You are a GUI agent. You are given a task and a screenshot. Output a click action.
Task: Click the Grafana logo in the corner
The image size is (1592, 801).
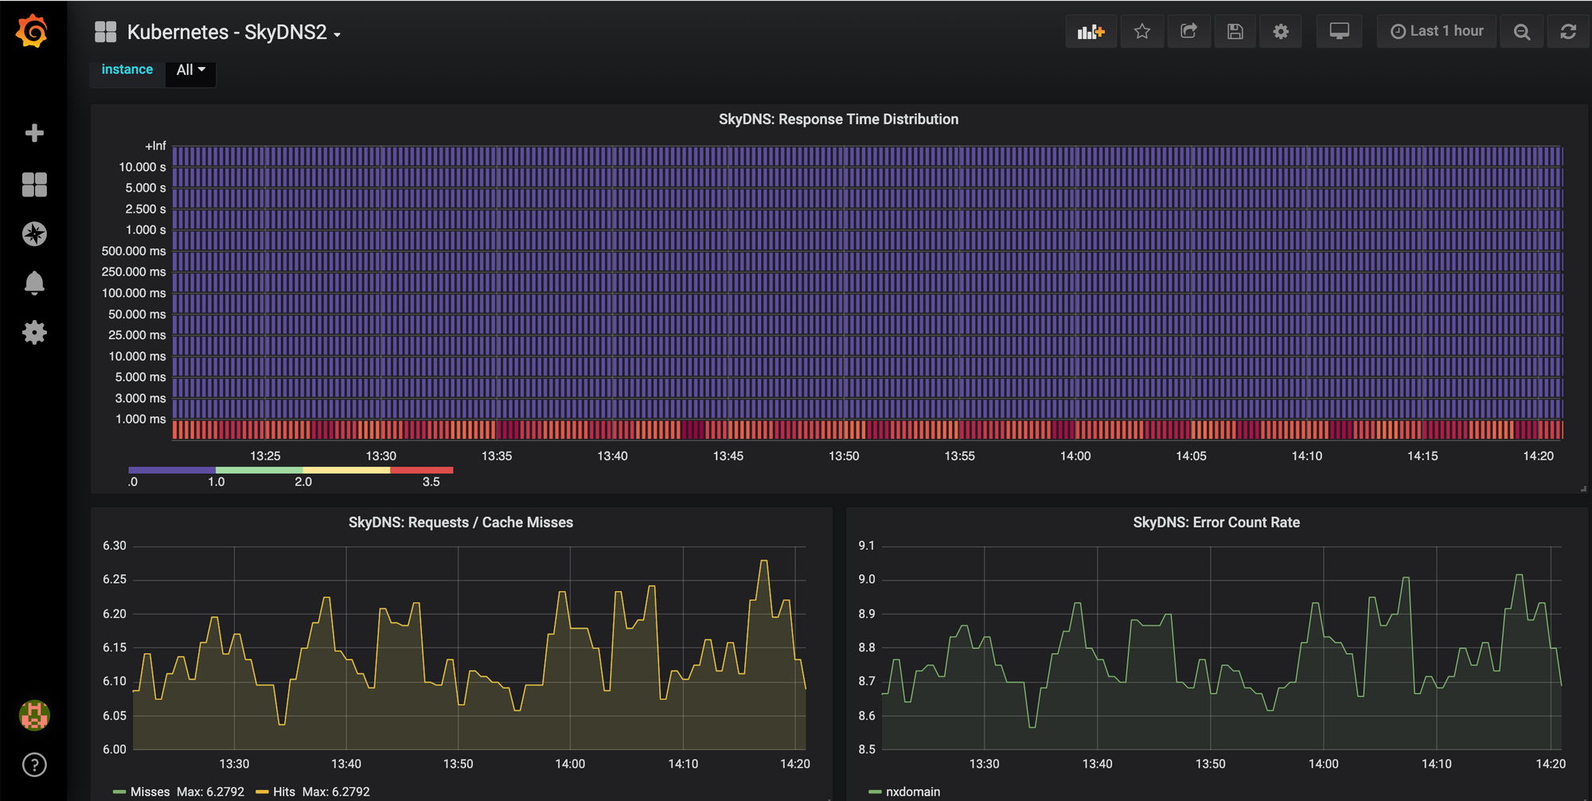pos(33,31)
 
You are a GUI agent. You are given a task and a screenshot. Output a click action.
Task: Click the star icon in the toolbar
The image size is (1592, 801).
pos(1142,32)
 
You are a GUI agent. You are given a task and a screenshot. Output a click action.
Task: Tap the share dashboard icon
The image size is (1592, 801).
pos(1188,32)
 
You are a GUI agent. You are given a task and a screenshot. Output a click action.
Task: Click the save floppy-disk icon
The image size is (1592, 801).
pos(1235,32)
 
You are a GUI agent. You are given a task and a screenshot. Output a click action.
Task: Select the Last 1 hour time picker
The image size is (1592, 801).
pos(1437,32)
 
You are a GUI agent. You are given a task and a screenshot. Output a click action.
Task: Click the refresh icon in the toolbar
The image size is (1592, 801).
pos(1567,32)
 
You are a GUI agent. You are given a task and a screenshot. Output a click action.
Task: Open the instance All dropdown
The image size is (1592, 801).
pos(190,70)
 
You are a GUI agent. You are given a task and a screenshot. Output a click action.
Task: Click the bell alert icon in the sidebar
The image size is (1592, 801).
pos(34,283)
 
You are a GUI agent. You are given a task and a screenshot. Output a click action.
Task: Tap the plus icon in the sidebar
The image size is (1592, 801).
pos(34,133)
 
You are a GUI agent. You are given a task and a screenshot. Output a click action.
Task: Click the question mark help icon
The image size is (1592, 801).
pos(34,765)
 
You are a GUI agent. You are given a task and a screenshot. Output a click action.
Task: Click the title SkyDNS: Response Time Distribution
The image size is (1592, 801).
pos(838,119)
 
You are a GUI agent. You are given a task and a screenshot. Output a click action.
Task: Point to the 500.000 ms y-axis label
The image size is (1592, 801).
pos(134,251)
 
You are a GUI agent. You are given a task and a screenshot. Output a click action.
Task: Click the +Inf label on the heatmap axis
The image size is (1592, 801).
pos(155,146)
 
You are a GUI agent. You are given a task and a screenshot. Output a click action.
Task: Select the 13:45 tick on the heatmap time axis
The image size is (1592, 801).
pos(728,456)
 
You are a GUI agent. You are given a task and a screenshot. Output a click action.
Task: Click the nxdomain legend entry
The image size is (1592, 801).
pos(912,791)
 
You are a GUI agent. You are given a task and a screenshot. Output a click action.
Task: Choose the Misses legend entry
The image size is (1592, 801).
pos(150,791)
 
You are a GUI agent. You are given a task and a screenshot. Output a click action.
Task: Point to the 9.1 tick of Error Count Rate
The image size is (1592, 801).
pos(866,546)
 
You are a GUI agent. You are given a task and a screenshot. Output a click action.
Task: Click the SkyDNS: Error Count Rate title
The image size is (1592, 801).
pos(1215,522)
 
